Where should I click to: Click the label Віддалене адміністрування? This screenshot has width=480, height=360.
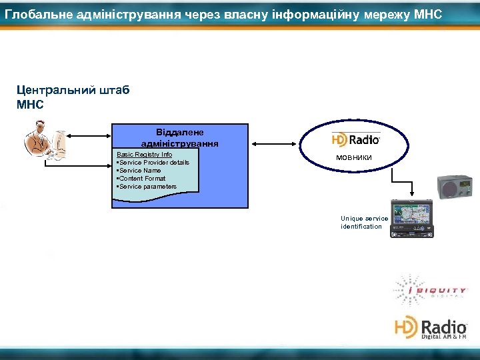(179, 138)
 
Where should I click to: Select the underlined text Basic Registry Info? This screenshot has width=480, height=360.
(145, 155)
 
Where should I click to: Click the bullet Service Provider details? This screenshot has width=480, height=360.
(153, 163)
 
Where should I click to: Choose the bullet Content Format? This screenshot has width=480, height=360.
(141, 179)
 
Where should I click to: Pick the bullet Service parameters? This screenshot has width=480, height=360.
(146, 187)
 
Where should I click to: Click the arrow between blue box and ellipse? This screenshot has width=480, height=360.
(273, 142)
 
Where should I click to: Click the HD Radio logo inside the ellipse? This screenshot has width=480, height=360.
(356, 139)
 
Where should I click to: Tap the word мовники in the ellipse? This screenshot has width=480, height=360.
(354, 157)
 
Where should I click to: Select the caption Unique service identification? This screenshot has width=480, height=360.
(364, 223)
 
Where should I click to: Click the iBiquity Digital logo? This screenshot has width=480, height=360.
(431, 290)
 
